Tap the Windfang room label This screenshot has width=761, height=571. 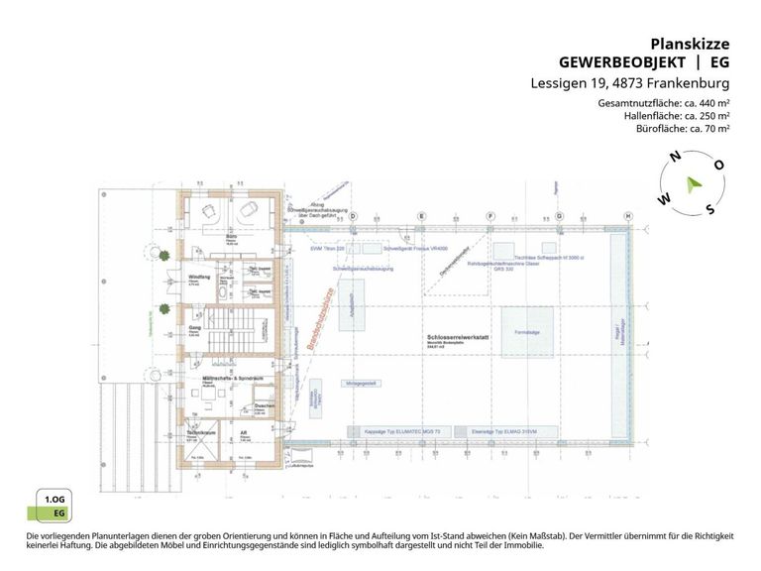pos(199,278)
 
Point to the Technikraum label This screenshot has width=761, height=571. pos(201,433)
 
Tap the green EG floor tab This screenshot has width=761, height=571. pos(59,514)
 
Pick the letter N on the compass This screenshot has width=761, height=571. pos(674,157)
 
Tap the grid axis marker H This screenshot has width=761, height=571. pos(627,216)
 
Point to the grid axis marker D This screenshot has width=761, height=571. pos(352,216)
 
